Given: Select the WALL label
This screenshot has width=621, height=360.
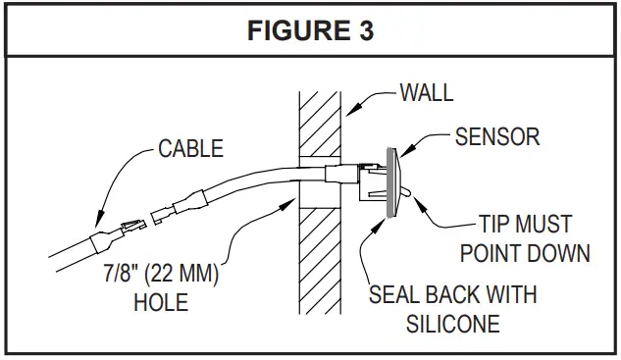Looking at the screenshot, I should coord(427,94).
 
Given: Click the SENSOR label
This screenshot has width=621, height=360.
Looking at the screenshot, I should coord(496,136).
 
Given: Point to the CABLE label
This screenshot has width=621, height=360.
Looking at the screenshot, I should coord(191,149).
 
